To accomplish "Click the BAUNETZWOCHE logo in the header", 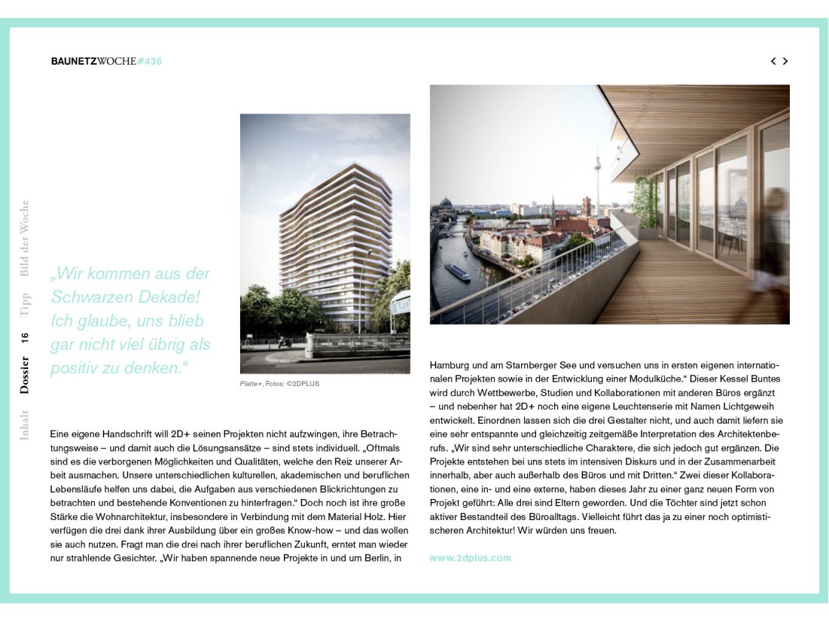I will point(94,61).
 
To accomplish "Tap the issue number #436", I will point(150,61).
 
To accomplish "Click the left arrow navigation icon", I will point(773,61).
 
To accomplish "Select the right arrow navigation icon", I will point(785,61).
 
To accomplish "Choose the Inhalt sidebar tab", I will point(25,425).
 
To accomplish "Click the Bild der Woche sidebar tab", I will point(25,238).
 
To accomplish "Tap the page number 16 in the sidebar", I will point(25,338).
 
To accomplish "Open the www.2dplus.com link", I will point(470,558).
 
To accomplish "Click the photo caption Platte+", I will point(251,384).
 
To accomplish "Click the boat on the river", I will point(457,272).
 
